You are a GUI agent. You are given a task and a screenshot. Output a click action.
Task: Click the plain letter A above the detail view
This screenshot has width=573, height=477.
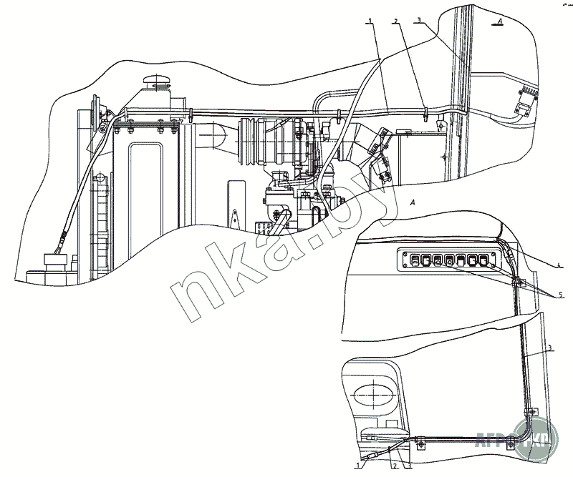coord(413,204)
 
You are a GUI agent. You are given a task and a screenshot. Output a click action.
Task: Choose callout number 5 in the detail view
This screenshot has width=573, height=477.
coord(562,294)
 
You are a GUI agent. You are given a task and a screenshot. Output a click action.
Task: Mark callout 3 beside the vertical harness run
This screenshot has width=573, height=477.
coord(550,348)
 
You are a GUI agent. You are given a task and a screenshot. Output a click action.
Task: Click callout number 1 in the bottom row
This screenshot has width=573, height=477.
coord(357,466)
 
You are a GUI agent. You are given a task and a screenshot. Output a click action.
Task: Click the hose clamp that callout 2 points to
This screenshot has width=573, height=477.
coord(425,112)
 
